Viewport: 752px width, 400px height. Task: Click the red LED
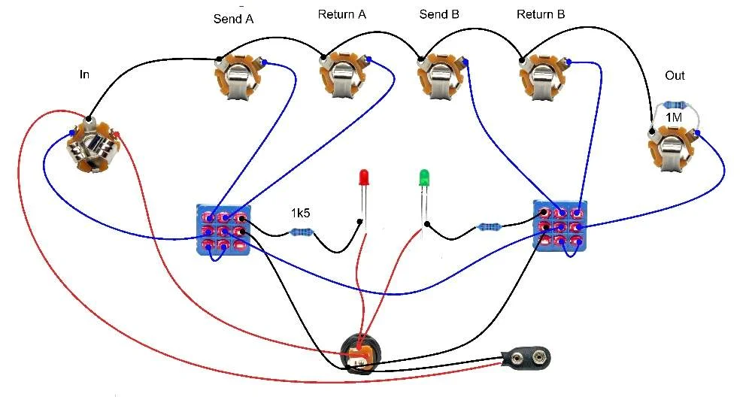click(363, 178)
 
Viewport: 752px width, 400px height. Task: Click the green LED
click(424, 178)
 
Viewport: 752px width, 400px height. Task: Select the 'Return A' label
click(341, 14)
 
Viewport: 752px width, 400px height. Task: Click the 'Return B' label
click(541, 14)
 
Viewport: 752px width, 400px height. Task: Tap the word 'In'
click(84, 74)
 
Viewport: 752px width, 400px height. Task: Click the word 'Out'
click(675, 76)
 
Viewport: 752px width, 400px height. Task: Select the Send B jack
click(442, 77)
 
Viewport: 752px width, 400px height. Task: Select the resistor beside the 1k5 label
click(302, 232)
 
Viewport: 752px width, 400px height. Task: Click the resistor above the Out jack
click(673, 105)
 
